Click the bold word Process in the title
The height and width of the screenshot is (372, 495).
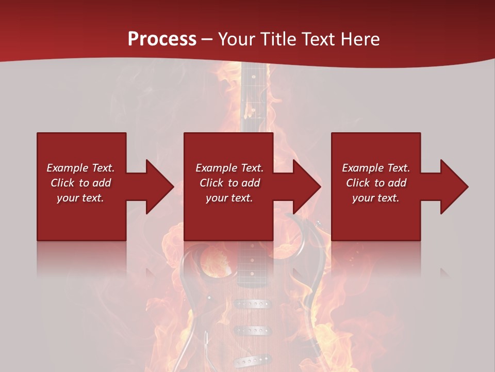[162, 39]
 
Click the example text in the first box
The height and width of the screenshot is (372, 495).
[81, 183]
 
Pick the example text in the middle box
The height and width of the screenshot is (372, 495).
[229, 183]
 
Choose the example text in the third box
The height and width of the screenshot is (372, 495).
[376, 183]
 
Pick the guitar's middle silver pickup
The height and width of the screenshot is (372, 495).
[253, 330]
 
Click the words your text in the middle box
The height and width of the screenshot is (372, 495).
[229, 198]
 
